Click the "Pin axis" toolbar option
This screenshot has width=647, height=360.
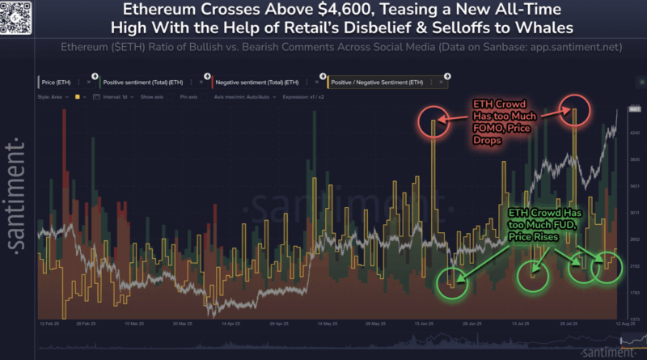[x=190, y=96]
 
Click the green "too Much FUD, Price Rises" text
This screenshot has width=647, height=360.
[x=536, y=230]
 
